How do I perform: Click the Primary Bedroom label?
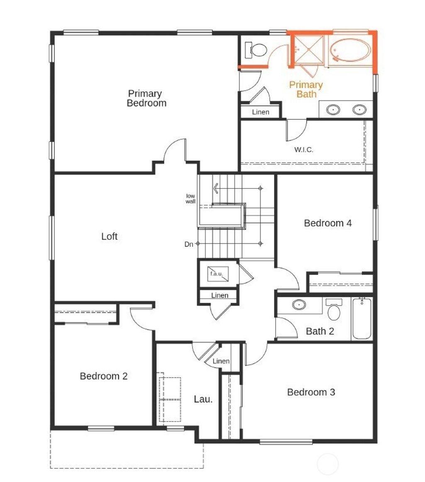(146, 98)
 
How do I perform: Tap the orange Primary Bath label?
(306, 90)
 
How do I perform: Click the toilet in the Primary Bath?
(256, 51)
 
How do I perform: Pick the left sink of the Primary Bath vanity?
(333, 110)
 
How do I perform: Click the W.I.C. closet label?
(304, 149)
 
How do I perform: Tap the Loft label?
(110, 236)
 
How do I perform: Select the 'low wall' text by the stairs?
(191, 198)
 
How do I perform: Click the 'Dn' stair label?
(189, 245)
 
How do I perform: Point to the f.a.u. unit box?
(216, 274)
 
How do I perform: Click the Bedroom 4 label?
(328, 223)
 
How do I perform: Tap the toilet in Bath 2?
(334, 310)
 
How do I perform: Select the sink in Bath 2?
(299, 305)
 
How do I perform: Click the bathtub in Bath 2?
(362, 319)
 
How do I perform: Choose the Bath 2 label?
(320, 331)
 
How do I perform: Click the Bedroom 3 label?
(311, 392)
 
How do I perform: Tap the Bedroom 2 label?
(103, 376)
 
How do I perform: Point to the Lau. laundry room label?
(203, 399)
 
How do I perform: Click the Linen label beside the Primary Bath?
(260, 112)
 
